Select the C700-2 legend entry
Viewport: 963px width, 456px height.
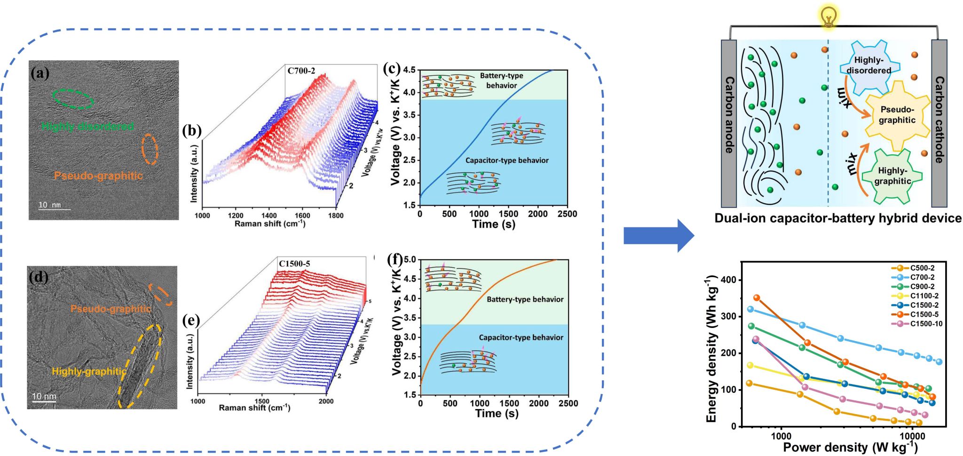coord(922,277)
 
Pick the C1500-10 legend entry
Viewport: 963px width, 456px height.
coord(925,324)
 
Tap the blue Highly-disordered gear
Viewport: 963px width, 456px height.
coord(869,65)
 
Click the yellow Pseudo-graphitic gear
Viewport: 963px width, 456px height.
coord(897,115)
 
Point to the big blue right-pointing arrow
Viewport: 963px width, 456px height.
coord(658,235)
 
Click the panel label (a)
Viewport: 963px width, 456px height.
coord(39,73)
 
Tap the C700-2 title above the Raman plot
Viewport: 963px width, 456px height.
coord(301,71)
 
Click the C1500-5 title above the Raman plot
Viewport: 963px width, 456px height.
coord(294,264)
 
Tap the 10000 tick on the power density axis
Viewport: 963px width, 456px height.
coord(912,436)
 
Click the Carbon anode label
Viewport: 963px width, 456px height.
coord(729,115)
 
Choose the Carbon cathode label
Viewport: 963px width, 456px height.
coord(939,120)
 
